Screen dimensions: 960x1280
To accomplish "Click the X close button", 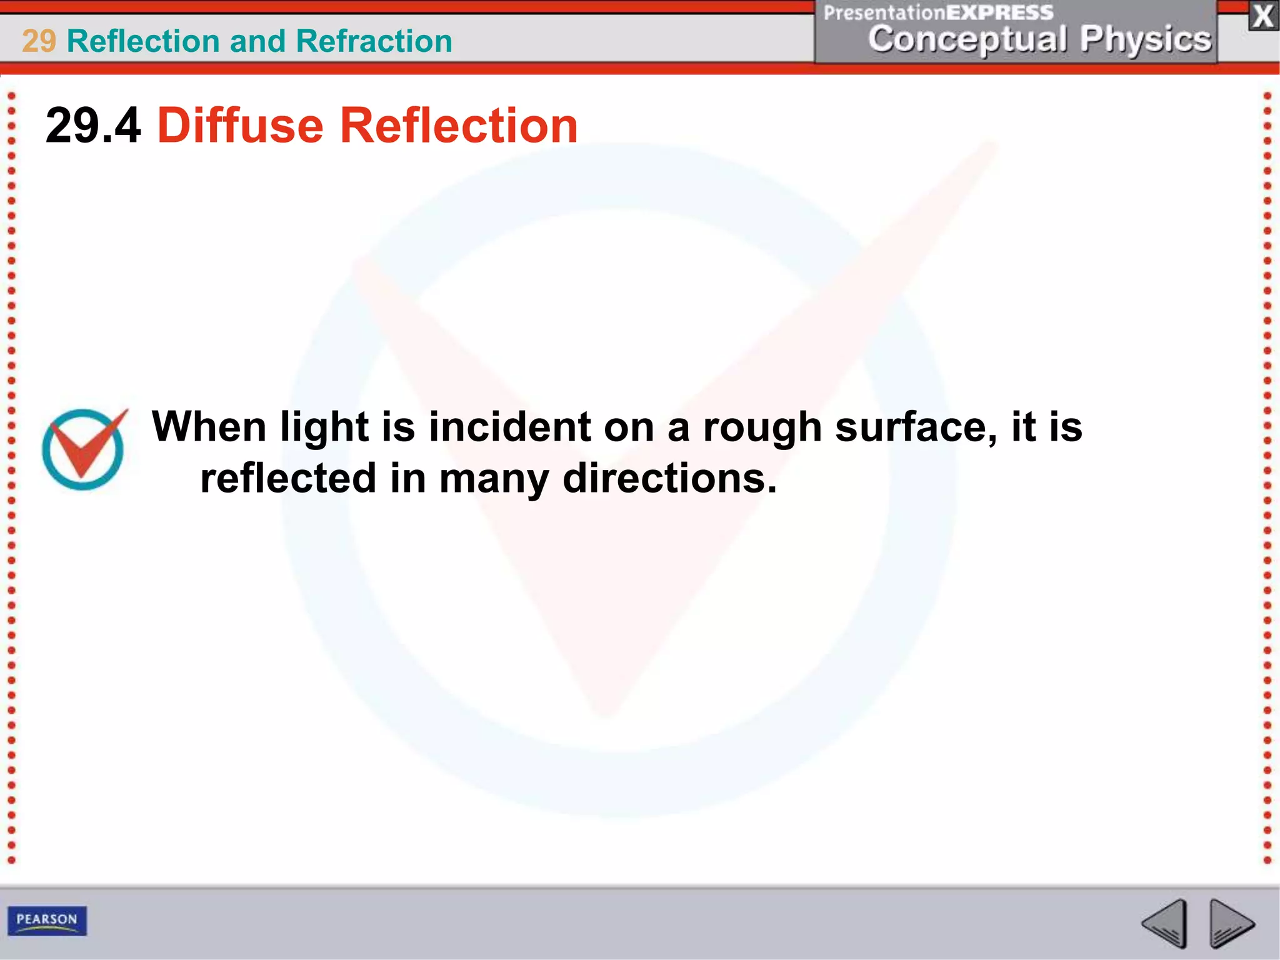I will [1263, 17].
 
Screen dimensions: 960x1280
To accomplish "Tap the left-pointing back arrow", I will [1166, 923].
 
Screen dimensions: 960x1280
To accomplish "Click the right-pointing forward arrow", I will [1230, 923].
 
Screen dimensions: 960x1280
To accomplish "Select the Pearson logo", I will [47, 920].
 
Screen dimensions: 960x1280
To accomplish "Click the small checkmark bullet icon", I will [84, 448].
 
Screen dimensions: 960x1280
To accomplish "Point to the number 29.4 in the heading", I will [93, 126].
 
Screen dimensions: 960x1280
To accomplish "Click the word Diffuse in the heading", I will [241, 126].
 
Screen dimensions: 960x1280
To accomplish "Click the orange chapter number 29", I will [39, 41].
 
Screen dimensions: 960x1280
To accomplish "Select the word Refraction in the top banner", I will [374, 41].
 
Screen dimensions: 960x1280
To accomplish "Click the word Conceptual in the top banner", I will [967, 39].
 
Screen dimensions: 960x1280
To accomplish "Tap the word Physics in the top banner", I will [1146, 39].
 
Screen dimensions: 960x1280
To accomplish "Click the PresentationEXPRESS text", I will [938, 12].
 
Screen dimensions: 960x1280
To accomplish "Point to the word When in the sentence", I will [209, 427].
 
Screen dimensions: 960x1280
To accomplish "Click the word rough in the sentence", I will [762, 428].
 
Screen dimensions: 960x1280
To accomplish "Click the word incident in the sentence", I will [509, 427].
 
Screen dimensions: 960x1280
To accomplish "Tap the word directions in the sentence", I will [669, 479].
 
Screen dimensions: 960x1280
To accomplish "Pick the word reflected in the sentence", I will [288, 479].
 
